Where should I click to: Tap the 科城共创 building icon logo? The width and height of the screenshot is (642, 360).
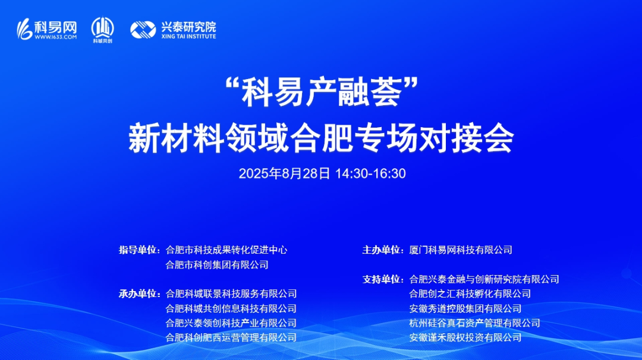click(102, 27)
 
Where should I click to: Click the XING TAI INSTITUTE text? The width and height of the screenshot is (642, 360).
click(188, 36)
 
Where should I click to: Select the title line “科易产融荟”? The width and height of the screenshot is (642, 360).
click(320, 94)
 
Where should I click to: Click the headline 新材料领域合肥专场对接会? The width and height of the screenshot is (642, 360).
click(320, 138)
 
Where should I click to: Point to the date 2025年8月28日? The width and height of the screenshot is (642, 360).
click(284, 174)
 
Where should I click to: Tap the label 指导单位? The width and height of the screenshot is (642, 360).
click(139, 250)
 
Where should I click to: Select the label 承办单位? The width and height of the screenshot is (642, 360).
click(139, 293)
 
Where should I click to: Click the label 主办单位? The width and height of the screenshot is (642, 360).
click(382, 250)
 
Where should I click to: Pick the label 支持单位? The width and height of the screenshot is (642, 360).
click(382, 279)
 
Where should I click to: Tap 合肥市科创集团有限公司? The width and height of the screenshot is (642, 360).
click(217, 265)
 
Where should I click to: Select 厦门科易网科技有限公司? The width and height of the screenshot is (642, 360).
click(461, 250)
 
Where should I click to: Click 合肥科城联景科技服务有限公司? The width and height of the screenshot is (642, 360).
click(231, 293)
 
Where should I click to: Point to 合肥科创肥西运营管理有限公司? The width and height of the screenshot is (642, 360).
click(231, 337)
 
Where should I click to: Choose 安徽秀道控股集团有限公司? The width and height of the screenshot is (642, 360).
click(465, 308)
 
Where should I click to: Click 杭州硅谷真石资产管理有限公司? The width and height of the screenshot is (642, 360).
click(475, 323)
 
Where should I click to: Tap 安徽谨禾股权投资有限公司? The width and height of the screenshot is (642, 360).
click(465, 337)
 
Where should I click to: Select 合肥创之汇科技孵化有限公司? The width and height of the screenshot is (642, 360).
click(470, 293)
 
